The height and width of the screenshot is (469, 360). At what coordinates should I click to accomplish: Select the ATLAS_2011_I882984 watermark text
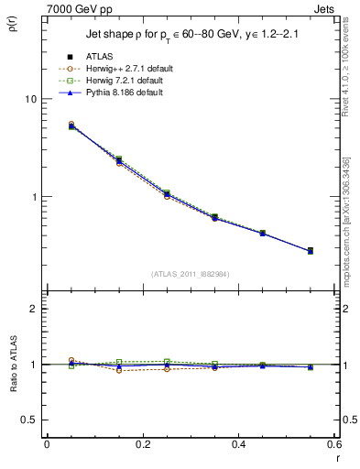[190, 274]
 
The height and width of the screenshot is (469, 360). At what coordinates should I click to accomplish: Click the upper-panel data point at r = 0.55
[311, 251]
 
